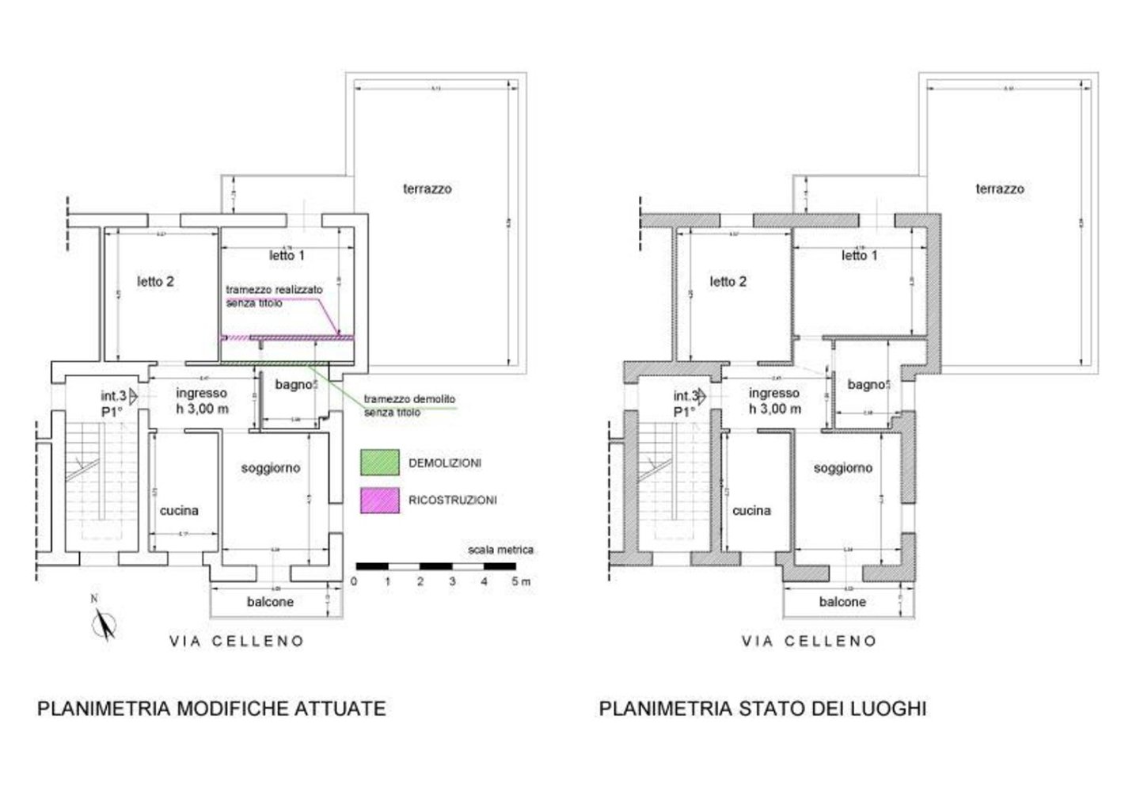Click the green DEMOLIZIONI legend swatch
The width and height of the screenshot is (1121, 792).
[379, 463]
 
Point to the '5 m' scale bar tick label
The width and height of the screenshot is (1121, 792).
[521, 581]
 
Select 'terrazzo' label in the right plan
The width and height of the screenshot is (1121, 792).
[999, 189]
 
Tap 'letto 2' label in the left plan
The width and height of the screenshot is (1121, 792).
[155, 281]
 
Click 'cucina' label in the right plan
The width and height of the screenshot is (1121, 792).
[751, 511]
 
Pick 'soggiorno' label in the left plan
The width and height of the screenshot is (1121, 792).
[271, 468]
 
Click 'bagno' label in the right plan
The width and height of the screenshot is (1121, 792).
[864, 385]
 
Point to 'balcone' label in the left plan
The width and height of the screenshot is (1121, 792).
[270, 602]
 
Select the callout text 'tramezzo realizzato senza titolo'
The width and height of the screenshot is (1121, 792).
[274, 296]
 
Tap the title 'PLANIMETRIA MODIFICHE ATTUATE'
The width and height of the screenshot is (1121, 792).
[211, 708]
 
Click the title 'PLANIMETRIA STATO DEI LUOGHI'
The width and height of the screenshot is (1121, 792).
[762, 708]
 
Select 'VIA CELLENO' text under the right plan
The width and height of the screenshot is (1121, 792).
[809, 642]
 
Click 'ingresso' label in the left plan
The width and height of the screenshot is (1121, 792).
[201, 393]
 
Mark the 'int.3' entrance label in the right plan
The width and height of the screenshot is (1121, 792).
[686, 395]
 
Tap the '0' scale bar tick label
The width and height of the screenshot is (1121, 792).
[354, 581]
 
